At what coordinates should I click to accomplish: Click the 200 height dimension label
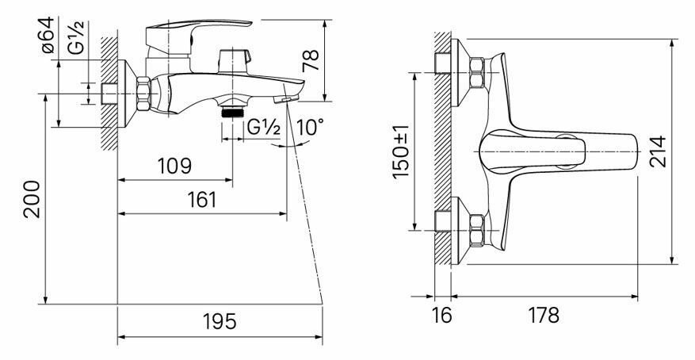pos(32,199)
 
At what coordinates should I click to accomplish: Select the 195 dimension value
pos(220,321)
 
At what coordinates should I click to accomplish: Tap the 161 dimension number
pos(202,200)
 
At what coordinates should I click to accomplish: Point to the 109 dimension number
pos(174,166)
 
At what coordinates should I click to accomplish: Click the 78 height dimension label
pos(311,61)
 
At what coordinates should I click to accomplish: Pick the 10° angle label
pos(310,128)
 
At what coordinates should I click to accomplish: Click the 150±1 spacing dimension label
pos(401,151)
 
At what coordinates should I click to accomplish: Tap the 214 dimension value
pos(658,151)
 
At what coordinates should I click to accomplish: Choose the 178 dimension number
pos(544,316)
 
